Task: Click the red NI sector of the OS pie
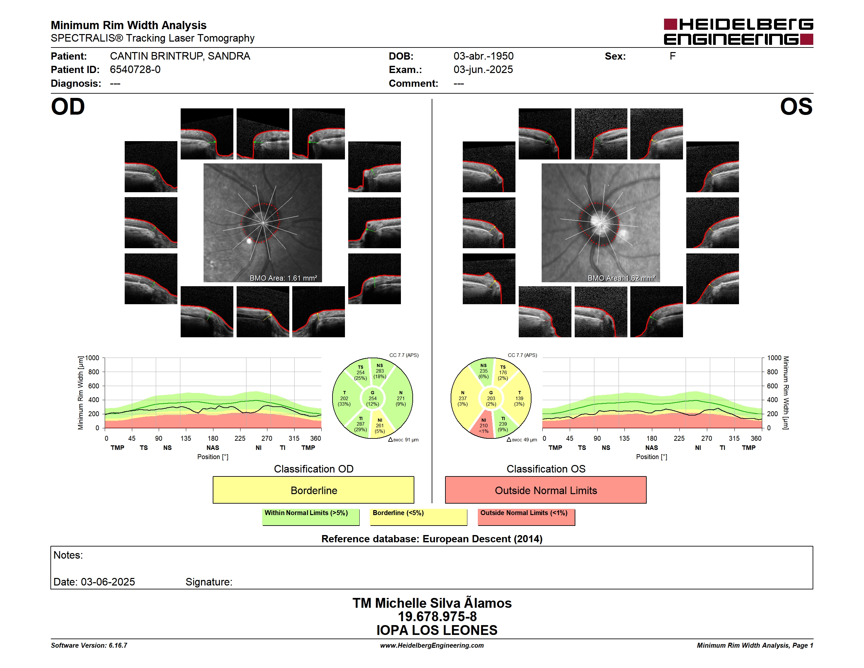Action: coord(484,425)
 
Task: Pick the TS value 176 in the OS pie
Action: coord(503,372)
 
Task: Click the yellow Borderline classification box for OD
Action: coord(313,490)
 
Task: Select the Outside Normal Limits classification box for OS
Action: coord(546,490)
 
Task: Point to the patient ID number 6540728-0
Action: coord(135,70)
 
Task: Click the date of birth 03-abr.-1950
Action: coord(483,56)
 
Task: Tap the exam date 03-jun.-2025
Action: coord(483,70)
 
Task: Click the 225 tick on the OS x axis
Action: coord(679,438)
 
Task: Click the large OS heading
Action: coord(796,107)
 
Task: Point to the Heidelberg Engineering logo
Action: coord(738,32)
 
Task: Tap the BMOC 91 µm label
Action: coord(404,440)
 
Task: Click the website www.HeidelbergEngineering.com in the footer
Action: coord(432,645)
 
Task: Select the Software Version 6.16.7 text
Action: coord(89,645)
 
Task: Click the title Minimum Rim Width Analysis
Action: coord(129,25)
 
